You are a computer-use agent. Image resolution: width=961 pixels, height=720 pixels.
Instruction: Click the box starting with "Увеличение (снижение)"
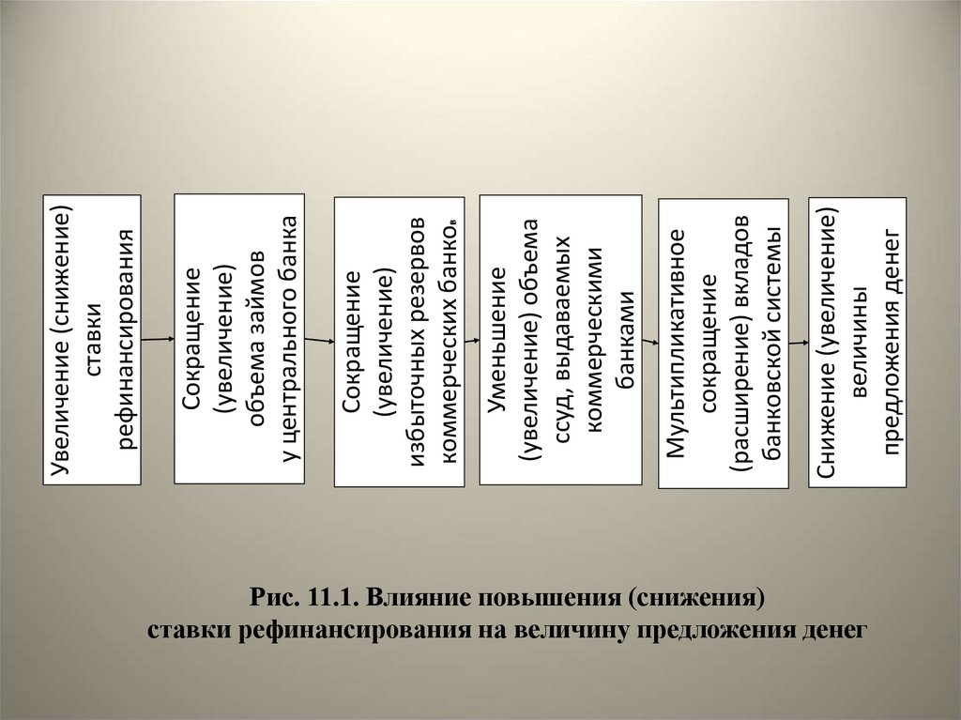tap(91, 339)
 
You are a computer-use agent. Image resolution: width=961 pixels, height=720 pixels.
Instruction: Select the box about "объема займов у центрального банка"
tap(239, 339)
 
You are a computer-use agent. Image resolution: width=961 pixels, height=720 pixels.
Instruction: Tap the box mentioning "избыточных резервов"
tap(399, 342)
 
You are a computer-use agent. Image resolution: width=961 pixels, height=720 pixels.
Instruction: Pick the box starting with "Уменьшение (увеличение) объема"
tap(560, 339)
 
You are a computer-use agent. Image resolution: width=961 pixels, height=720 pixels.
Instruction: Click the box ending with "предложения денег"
tap(857, 342)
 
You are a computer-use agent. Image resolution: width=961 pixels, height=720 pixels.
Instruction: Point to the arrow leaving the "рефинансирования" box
tap(158, 335)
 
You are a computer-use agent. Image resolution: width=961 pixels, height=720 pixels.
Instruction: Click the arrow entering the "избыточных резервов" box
tap(320, 341)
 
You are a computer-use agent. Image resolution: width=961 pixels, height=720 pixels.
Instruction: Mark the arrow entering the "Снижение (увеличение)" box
tap(799, 343)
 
